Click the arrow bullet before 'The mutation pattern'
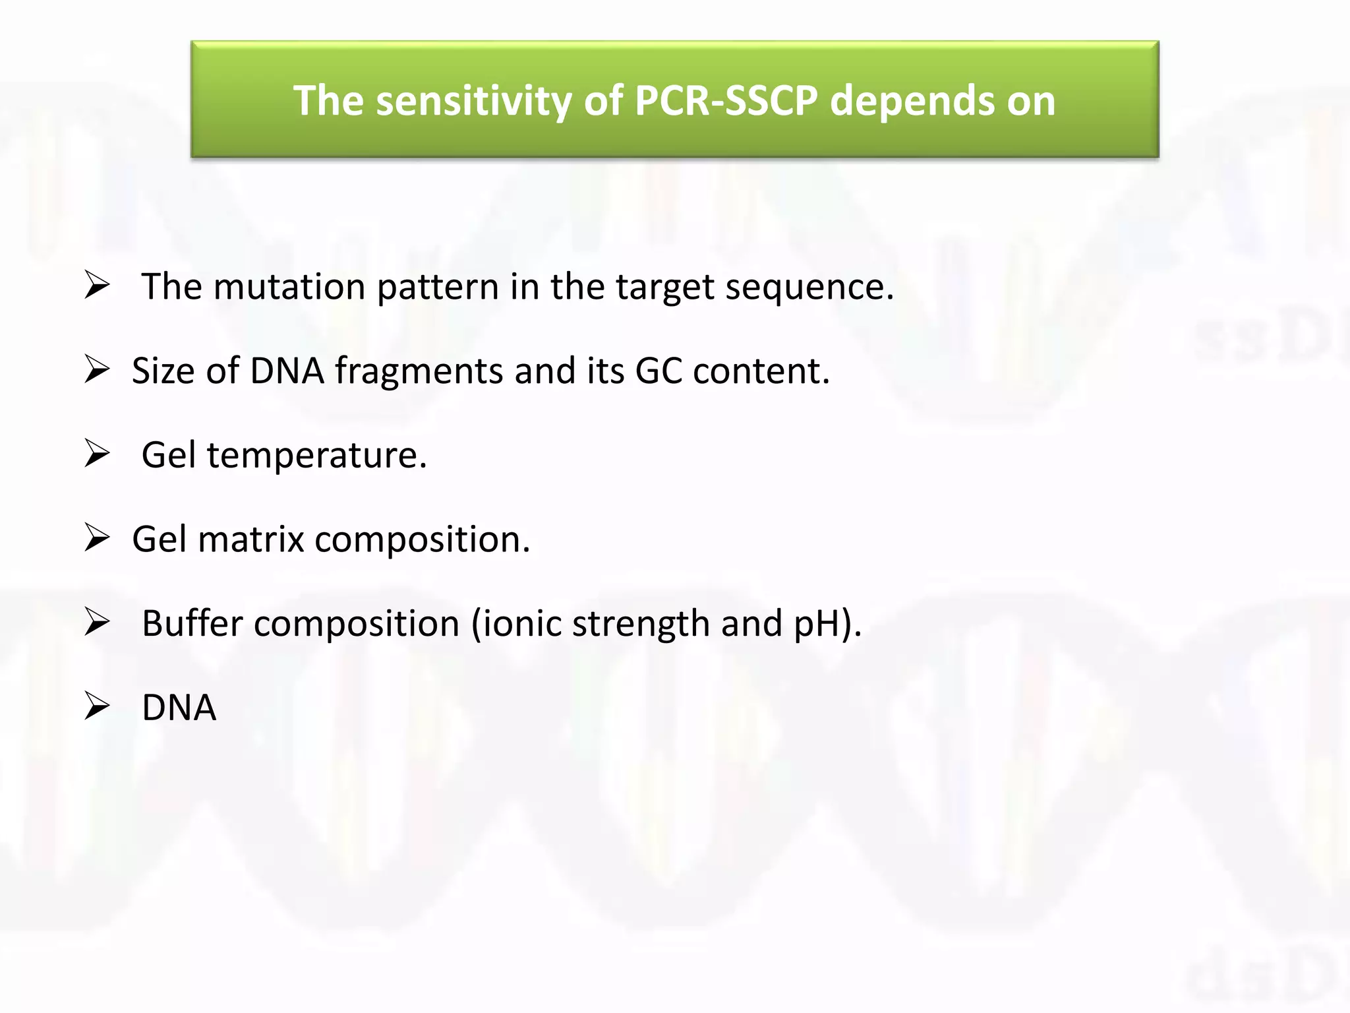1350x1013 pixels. (97, 286)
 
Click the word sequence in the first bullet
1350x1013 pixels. (809, 288)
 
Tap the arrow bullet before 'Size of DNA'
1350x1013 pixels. (97, 370)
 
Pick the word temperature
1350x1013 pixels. (317, 456)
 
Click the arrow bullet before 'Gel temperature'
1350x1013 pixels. (97, 454)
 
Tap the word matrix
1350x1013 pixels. (250, 539)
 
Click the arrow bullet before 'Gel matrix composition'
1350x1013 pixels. (97, 539)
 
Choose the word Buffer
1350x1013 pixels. (192, 623)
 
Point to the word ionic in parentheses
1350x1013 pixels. (521, 623)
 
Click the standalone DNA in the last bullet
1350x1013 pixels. (179, 708)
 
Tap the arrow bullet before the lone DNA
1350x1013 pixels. (97, 707)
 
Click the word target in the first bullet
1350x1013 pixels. (664, 288)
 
